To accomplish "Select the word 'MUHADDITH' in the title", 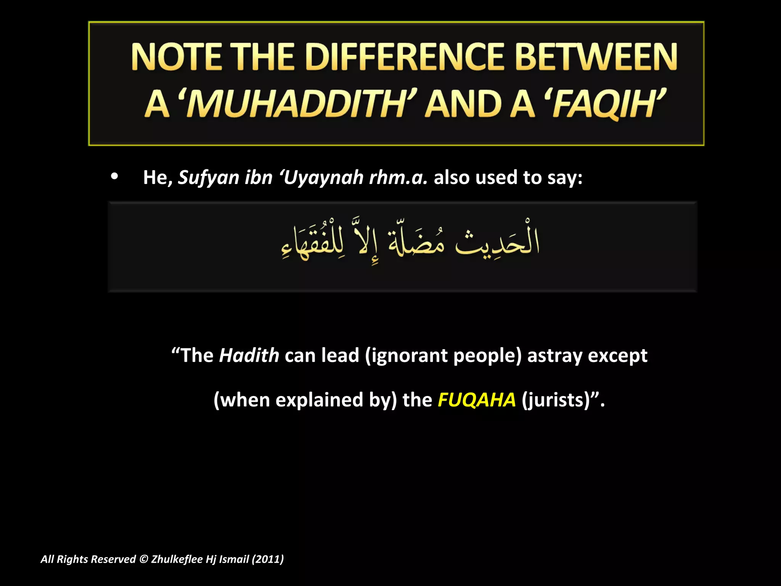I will point(297,104).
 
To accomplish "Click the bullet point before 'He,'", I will point(114,177).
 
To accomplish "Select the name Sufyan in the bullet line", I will point(208,177).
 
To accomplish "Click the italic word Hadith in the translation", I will point(249,356).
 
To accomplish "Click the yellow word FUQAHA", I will point(477,400).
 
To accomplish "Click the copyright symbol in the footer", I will point(143,559).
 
